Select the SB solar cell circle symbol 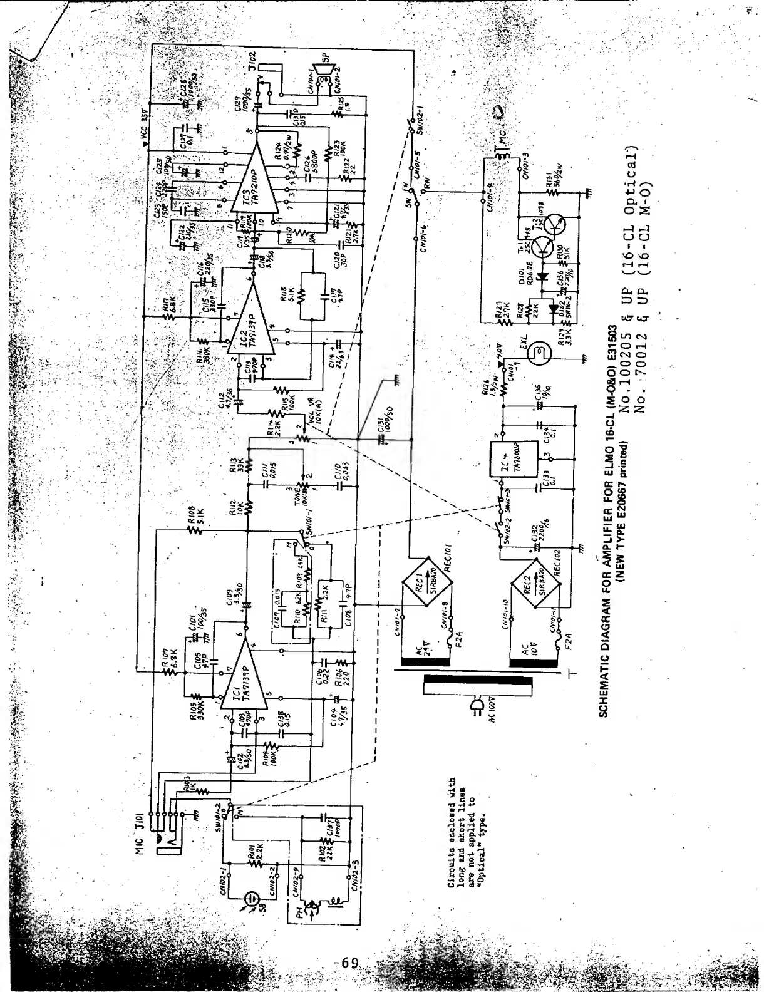coord(250,897)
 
